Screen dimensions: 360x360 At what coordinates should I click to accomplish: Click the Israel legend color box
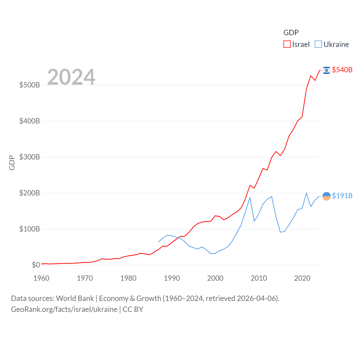click(x=287, y=44)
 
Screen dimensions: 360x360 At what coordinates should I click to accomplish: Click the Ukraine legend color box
click(x=318, y=44)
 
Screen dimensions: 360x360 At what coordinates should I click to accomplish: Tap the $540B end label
click(x=342, y=70)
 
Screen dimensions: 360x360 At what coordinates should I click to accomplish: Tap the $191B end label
click(x=342, y=196)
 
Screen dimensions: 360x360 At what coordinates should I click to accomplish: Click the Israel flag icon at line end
click(x=327, y=70)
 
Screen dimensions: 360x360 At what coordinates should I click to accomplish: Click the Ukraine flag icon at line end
click(x=327, y=196)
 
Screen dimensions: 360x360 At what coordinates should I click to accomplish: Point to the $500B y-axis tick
click(x=30, y=85)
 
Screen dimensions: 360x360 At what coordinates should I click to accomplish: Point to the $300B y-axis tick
click(x=30, y=157)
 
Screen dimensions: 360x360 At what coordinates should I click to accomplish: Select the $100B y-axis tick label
click(x=30, y=229)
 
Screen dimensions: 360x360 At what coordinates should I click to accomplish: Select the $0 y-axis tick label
click(x=36, y=265)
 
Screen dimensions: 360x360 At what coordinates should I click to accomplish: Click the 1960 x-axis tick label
click(x=41, y=278)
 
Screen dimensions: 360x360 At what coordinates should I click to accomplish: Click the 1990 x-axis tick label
click(x=172, y=278)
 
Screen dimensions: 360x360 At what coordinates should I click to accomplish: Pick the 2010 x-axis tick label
click(x=259, y=278)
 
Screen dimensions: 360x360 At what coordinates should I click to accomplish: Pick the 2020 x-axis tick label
click(x=302, y=278)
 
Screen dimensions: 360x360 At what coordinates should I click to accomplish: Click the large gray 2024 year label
click(x=71, y=77)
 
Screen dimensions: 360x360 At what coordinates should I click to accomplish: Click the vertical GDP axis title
click(x=12, y=163)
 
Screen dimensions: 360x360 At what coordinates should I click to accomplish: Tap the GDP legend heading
click(x=291, y=33)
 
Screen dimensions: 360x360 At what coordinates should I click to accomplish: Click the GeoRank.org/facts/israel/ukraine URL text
click(x=64, y=309)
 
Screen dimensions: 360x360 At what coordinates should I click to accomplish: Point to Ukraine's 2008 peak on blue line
click(x=250, y=197)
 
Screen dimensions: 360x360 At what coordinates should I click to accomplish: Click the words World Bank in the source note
click(x=75, y=298)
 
